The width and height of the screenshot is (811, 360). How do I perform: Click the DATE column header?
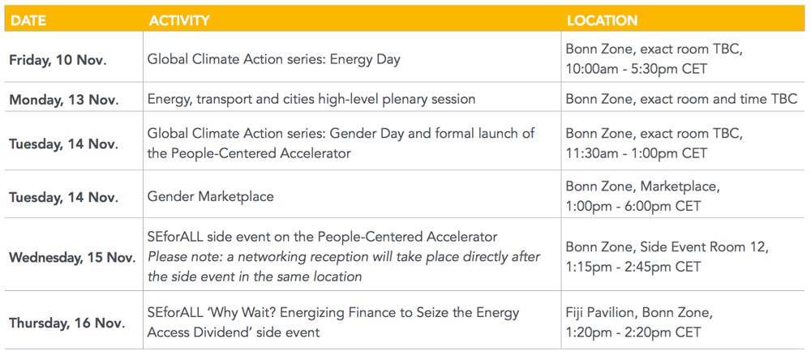(28, 21)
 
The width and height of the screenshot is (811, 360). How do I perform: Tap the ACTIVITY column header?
(179, 21)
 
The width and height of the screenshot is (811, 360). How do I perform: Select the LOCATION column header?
(602, 21)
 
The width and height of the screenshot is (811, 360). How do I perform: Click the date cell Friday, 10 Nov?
(58, 60)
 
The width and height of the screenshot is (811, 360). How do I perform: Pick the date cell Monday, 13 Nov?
(63, 100)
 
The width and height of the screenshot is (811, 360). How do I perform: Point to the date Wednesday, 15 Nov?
(72, 257)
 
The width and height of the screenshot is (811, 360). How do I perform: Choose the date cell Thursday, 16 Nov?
(67, 323)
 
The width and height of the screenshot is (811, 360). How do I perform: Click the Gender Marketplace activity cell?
(211, 196)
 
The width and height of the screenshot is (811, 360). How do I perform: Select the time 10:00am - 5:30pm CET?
(636, 69)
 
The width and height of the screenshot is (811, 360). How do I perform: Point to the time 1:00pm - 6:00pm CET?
(633, 206)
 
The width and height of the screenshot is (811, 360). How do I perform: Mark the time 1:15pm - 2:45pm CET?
(633, 267)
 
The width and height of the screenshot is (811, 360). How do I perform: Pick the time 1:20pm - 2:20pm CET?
(633, 332)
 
